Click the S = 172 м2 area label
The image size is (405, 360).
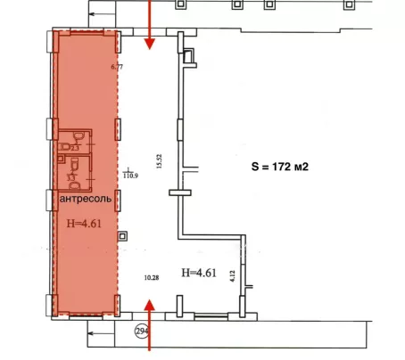[x=280, y=167]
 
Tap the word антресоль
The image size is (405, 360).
[x=86, y=199]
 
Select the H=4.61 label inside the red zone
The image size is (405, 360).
[x=84, y=223]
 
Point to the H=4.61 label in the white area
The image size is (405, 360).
[x=199, y=273]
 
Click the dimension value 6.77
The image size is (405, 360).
[x=117, y=67]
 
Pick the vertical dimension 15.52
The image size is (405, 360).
[x=159, y=161]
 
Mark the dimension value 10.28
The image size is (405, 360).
[x=152, y=278]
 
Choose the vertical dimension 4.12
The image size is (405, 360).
[x=233, y=275]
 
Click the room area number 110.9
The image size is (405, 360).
[x=130, y=176]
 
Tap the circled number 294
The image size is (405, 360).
[x=142, y=331]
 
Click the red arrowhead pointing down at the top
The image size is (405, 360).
[x=150, y=44]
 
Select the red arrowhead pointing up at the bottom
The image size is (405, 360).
[x=150, y=305]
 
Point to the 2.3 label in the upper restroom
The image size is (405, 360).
[x=75, y=148]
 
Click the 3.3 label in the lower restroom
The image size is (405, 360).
[x=71, y=177]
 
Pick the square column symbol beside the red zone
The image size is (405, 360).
[x=122, y=236]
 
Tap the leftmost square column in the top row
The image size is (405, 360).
[x=181, y=4]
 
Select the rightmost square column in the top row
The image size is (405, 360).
[x=349, y=4]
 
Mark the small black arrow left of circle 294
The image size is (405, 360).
[x=101, y=333]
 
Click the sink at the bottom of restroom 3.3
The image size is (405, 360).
[x=74, y=186]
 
